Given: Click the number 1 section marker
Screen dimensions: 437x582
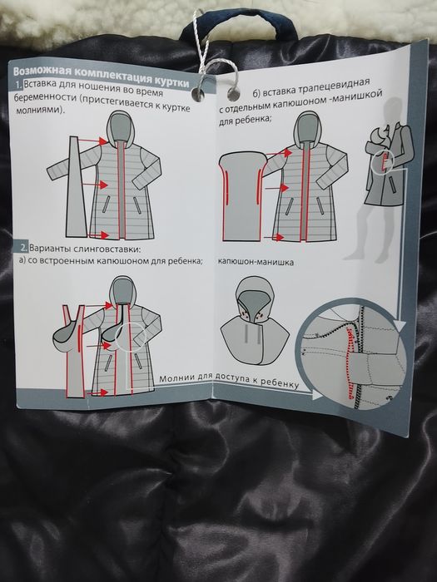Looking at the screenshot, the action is click(18, 84).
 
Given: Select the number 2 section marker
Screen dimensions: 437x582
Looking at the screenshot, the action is click(23, 247).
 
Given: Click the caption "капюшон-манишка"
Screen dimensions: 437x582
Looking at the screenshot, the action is click(256, 262).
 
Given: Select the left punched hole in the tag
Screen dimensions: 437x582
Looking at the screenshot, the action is click(198, 93).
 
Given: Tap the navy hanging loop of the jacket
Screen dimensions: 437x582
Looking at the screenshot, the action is click(238, 22).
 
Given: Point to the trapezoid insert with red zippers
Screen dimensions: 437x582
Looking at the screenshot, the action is click(242, 197).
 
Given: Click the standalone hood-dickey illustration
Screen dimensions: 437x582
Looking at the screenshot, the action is click(255, 321).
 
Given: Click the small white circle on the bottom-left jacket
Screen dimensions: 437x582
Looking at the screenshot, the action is click(131, 337).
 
